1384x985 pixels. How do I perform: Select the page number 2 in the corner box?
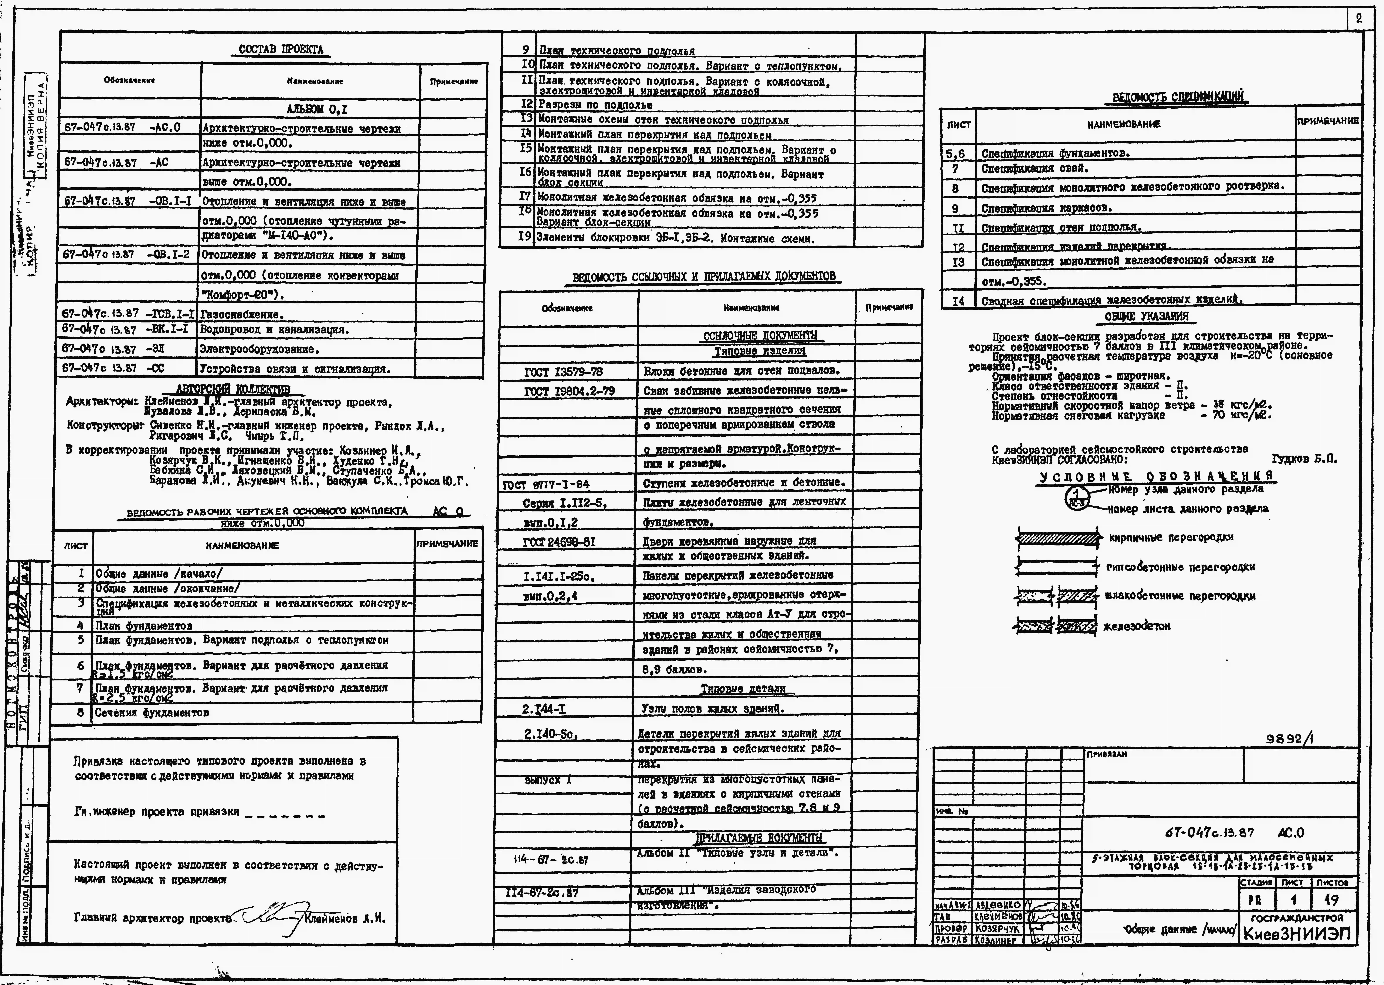pos(1358,18)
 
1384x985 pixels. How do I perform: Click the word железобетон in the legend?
pos(1137,626)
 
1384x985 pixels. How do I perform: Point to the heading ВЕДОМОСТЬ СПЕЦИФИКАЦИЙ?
pos(1178,97)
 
